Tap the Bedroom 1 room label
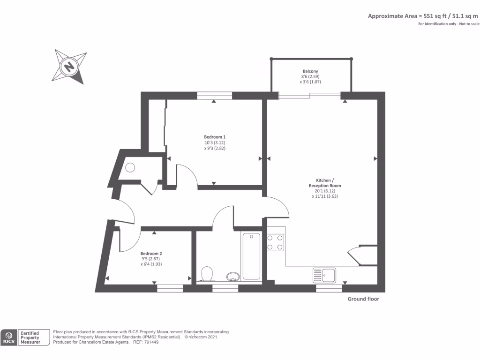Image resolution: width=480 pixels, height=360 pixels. pyautogui.click(x=215, y=137)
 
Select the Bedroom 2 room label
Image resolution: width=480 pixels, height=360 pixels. pyautogui.click(x=151, y=253)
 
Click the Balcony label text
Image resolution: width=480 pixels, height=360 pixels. pyautogui.click(x=310, y=71)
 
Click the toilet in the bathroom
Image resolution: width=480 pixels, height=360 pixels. pyautogui.click(x=207, y=273)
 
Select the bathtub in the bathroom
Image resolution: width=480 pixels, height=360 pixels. pyautogui.click(x=251, y=256)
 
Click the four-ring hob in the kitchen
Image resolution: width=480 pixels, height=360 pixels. pyautogui.click(x=275, y=242)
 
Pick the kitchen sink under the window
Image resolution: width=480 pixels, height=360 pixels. pyautogui.click(x=324, y=275)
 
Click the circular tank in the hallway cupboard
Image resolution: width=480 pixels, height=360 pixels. pyautogui.click(x=130, y=167)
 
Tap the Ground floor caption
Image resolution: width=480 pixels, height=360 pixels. pyautogui.click(x=363, y=299)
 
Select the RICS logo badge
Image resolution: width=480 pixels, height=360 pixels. pyautogui.click(x=9, y=337)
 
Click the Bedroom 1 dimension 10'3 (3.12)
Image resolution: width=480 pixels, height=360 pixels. pyautogui.click(x=214, y=142)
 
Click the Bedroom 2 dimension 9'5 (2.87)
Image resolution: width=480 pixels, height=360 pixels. pyautogui.click(x=151, y=259)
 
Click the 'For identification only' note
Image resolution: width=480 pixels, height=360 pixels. pyautogui.click(x=449, y=24)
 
